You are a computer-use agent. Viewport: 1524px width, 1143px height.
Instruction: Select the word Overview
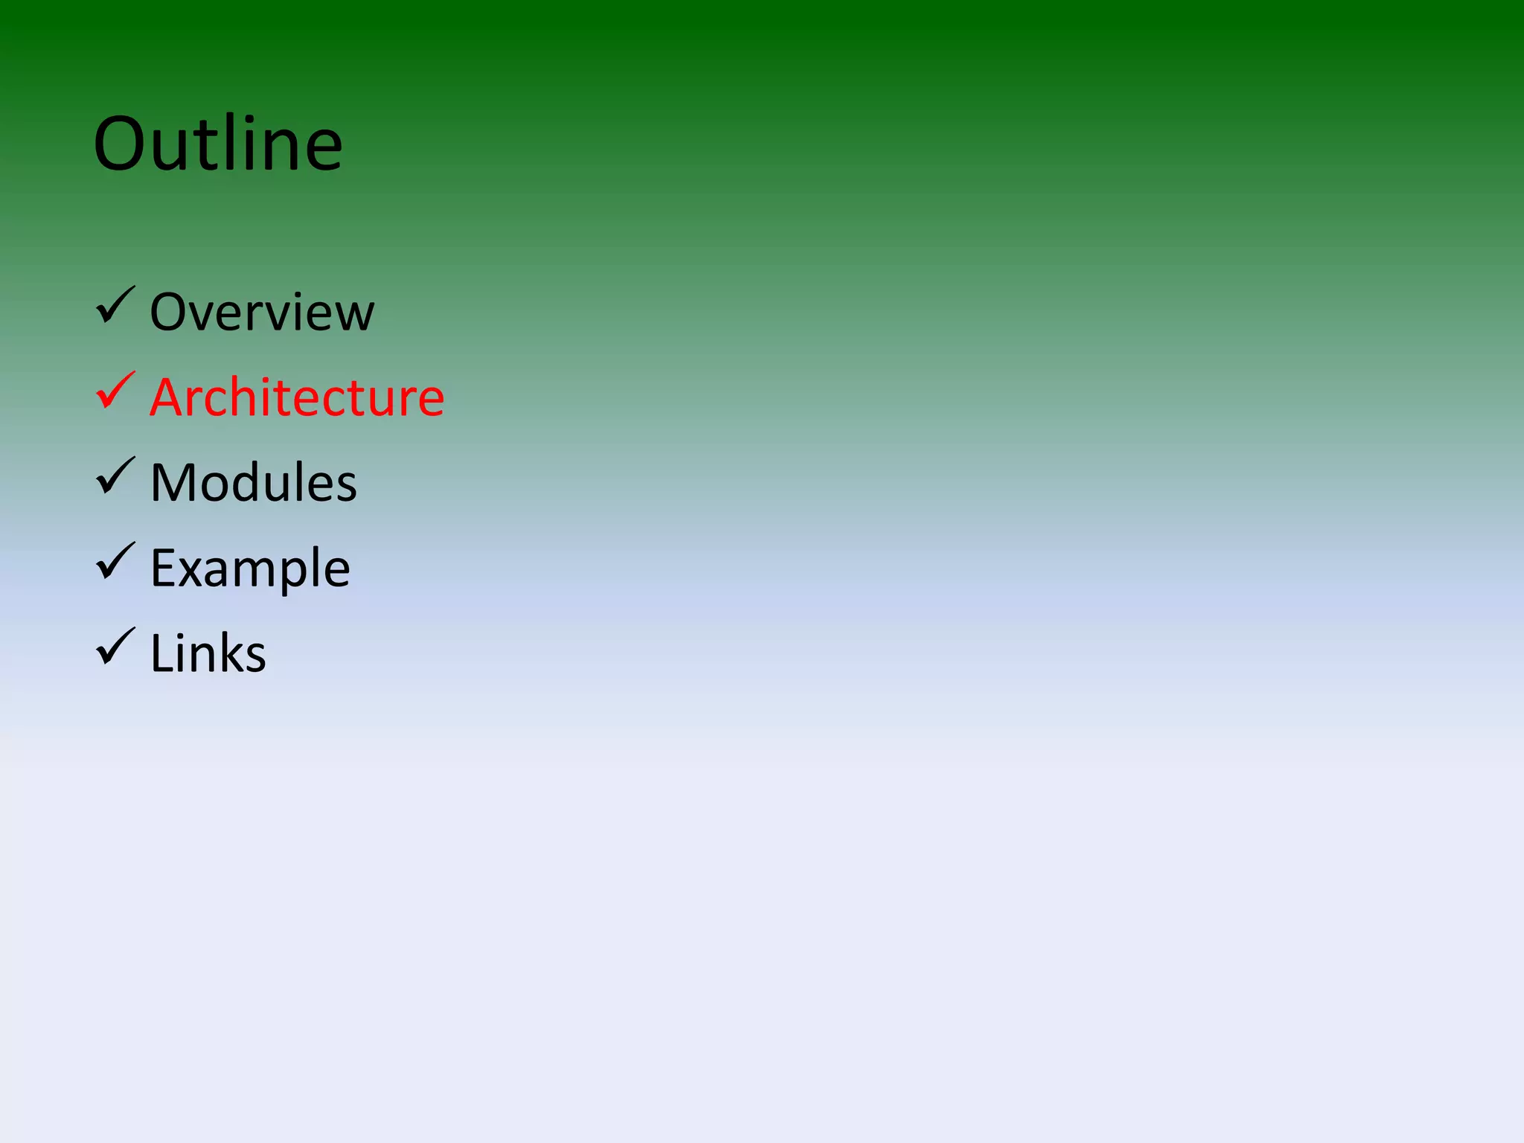coord(262,312)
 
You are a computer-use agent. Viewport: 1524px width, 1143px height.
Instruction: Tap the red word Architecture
coord(297,397)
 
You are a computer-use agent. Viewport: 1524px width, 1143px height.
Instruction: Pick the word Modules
coord(253,483)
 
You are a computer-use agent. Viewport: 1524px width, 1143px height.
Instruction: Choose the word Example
coord(250,569)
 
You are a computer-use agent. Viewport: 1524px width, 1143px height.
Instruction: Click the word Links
coord(208,654)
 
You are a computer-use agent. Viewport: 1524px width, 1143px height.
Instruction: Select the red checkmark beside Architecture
coord(115,391)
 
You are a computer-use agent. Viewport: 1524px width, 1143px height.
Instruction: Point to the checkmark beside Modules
coord(115,477)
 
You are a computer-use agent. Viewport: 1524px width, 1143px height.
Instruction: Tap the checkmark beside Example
coord(115,563)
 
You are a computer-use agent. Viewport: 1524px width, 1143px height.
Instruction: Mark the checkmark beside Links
coord(115,648)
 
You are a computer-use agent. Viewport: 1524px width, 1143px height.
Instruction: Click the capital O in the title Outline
coord(124,144)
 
